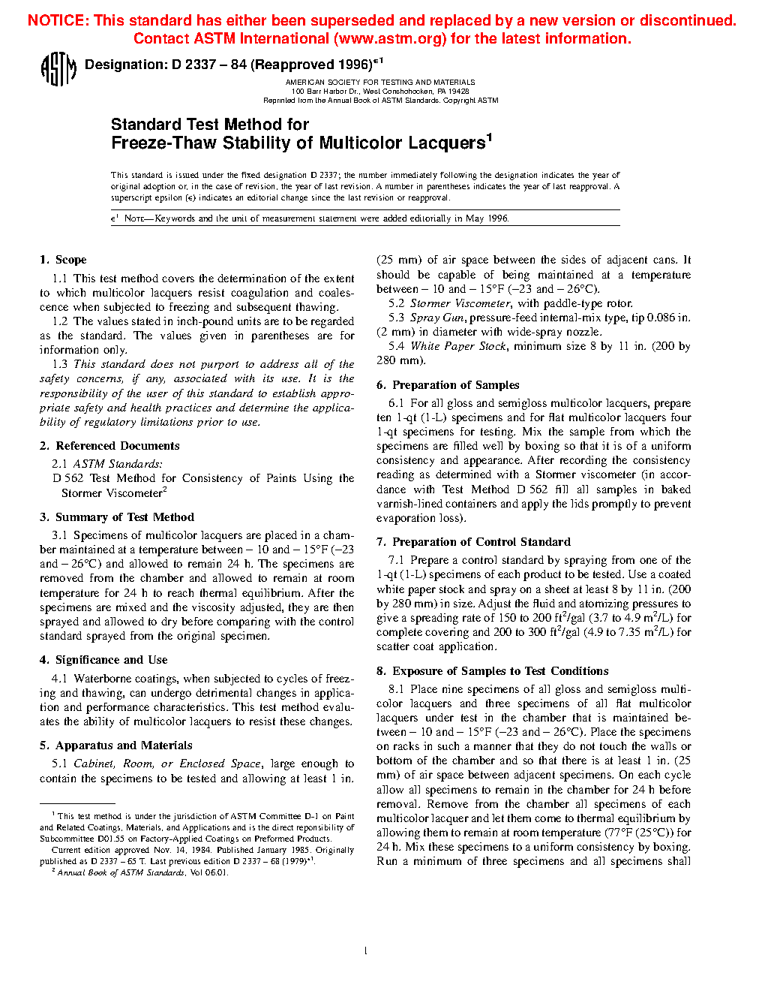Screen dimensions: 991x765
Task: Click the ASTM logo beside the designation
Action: click(58, 69)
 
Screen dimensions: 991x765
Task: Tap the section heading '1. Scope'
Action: click(63, 260)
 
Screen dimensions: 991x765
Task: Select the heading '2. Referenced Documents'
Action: click(109, 446)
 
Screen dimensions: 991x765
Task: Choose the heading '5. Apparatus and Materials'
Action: click(116, 746)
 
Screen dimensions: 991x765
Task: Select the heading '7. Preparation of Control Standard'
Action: click(473, 542)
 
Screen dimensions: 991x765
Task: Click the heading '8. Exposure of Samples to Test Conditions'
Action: click(492, 671)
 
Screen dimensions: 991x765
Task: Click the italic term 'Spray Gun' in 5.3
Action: click(436, 318)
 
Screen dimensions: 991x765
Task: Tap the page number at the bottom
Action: click(365, 951)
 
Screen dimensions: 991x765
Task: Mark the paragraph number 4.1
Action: click(59, 679)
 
